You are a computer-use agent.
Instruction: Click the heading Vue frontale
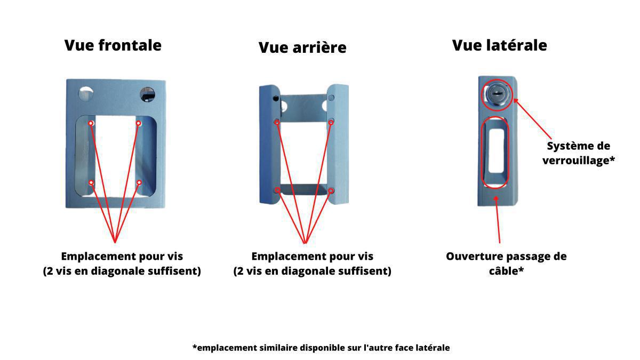click(x=113, y=45)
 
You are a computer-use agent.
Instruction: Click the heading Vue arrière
click(x=302, y=47)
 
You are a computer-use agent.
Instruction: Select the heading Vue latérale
click(x=499, y=45)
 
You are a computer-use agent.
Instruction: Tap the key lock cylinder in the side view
click(x=497, y=94)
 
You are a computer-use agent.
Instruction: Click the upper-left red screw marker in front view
click(x=91, y=123)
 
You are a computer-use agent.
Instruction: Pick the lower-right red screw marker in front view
click(x=139, y=182)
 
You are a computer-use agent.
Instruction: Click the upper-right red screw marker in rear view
click(x=331, y=122)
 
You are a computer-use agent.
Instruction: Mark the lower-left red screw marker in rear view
click(x=277, y=190)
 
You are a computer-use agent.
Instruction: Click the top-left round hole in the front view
click(x=86, y=93)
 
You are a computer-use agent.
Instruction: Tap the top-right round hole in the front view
click(x=147, y=94)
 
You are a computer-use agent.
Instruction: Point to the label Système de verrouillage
click(x=578, y=153)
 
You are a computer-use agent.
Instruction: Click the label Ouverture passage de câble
click(x=506, y=263)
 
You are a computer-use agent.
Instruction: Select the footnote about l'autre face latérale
click(x=321, y=348)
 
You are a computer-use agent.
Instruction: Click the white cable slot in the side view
click(x=497, y=150)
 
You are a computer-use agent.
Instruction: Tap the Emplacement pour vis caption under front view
click(x=122, y=263)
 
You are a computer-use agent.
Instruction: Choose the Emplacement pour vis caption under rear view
click(x=313, y=263)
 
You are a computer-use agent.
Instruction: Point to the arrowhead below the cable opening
click(x=497, y=198)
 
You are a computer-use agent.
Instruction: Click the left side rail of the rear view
click(x=269, y=145)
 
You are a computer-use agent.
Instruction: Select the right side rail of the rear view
click(x=338, y=145)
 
